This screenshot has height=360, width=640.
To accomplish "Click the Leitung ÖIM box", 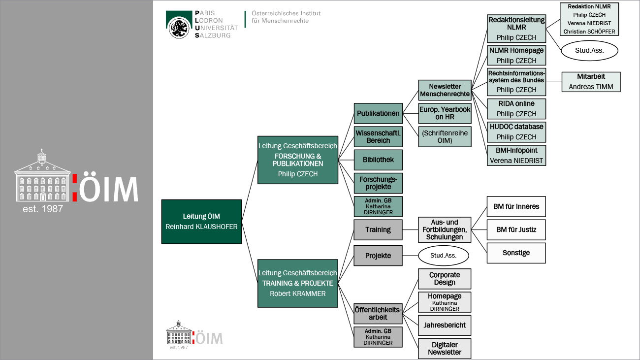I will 201,222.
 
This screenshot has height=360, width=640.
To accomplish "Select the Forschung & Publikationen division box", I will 298,160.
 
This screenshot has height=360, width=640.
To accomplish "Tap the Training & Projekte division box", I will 298,283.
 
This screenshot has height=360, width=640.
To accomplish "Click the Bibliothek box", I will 378,160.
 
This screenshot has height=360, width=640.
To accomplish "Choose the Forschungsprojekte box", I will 378,183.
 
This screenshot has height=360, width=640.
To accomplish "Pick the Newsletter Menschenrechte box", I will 445,90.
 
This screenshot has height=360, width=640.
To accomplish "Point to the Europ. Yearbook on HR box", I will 445,113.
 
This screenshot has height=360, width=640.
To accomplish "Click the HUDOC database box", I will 516,131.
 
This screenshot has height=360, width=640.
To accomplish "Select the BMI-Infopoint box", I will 516,155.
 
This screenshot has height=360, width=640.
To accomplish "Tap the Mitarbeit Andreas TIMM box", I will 591,82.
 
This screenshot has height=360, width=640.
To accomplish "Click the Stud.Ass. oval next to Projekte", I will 444,256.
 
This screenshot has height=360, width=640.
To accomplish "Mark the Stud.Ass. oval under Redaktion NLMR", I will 589,50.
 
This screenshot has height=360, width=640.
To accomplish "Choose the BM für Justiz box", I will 516,229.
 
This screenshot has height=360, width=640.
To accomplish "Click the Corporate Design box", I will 445,279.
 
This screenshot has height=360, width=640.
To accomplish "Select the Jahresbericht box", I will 445,325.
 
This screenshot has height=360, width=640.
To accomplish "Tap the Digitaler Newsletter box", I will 445,348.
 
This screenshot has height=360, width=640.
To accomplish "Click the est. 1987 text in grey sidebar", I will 43,208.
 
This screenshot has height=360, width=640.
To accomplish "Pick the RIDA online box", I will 516,108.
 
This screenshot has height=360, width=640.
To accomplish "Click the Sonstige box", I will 516,253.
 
